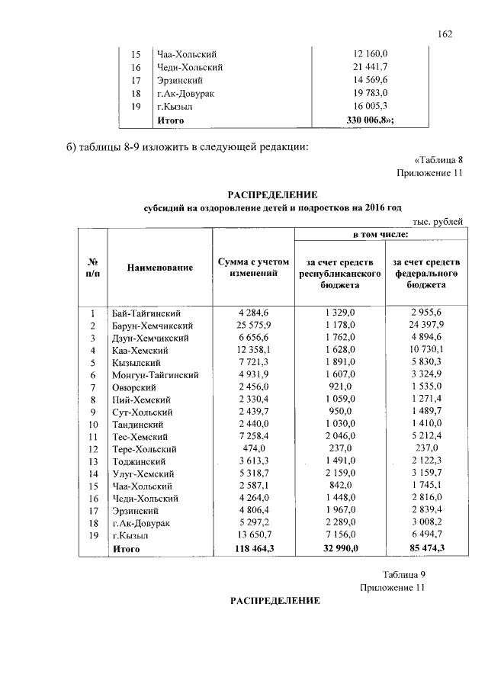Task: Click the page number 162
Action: pos(445,34)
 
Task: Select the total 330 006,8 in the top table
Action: pos(371,120)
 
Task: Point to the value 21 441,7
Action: pos(371,68)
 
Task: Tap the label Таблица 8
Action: pos(438,160)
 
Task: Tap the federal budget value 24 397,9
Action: pos(425,326)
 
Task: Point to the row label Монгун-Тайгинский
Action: pos(156,375)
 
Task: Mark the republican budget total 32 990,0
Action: pos(339,548)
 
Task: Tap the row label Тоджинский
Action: pos(137,461)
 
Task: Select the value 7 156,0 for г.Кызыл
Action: pos(339,535)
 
